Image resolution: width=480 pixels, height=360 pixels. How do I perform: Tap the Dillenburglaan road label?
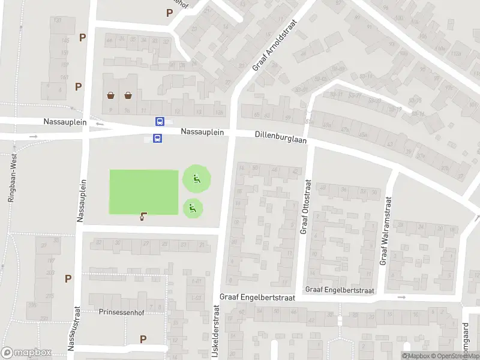click(280, 138)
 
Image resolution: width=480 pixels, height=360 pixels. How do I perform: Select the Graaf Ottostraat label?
click(305, 207)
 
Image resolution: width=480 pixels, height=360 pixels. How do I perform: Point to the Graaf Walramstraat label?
click(385, 231)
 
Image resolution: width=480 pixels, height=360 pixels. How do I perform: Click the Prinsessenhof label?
click(121, 311)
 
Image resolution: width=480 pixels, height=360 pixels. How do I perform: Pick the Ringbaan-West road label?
click(11, 177)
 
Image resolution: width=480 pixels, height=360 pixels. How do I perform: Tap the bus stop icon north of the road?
click(160, 121)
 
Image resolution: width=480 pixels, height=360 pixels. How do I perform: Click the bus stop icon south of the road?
click(157, 139)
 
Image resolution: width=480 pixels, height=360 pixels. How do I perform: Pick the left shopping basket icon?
click(111, 95)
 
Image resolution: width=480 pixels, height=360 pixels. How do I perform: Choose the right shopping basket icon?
click(128, 95)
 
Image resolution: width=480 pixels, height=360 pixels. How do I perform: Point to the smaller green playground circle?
click(193, 208)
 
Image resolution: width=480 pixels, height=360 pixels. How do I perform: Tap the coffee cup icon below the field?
click(143, 217)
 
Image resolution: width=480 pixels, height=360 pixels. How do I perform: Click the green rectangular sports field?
click(144, 191)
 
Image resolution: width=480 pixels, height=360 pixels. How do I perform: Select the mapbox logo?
click(26, 353)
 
